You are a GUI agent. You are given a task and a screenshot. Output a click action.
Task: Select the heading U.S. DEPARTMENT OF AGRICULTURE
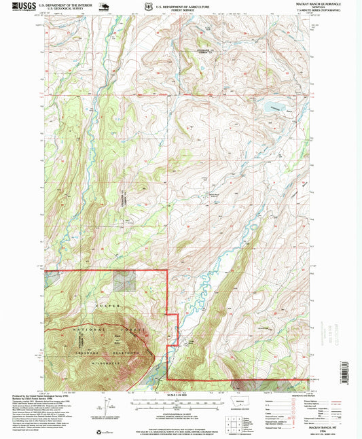coord(181,5)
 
